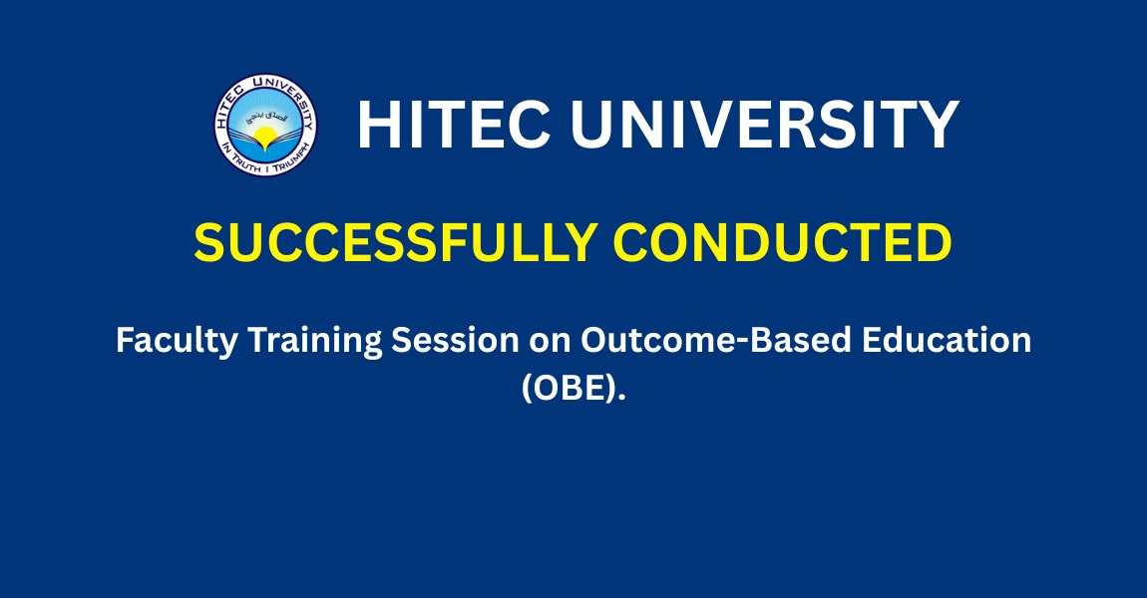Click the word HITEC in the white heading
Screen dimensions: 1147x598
454,125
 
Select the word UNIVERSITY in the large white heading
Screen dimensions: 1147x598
764,125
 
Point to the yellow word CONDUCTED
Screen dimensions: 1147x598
782,242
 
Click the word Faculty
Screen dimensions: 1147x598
177,342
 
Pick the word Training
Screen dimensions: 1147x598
314,342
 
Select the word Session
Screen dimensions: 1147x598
455,340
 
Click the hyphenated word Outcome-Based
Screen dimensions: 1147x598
716,340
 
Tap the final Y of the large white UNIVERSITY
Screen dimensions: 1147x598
938,125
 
